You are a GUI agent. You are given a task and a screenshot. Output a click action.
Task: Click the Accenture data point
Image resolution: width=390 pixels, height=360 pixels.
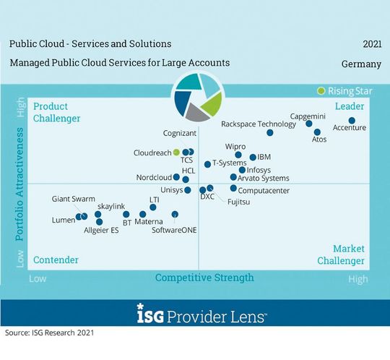pyautogui.click(x=352, y=120)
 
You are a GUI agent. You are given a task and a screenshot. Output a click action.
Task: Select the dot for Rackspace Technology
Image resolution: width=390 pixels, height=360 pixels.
pyautogui.click(x=270, y=133)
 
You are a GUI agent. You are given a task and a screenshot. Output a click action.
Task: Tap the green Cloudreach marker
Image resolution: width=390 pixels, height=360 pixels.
pyautogui.click(x=176, y=153)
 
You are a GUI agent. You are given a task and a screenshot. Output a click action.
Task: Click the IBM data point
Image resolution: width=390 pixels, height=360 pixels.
pyautogui.click(x=253, y=157)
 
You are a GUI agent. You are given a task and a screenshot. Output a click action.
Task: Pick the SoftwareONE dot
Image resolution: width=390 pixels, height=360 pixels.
pyautogui.click(x=175, y=215)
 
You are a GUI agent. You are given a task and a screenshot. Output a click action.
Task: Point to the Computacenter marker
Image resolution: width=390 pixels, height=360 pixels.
pyautogui.click(x=233, y=189)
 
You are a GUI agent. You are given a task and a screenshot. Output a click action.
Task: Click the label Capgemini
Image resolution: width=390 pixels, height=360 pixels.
pyautogui.click(x=312, y=116)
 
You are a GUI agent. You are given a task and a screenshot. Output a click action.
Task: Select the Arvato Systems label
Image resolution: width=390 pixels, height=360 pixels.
pyautogui.click(x=264, y=178)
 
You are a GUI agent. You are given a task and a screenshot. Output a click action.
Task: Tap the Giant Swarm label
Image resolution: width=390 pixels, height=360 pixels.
pyautogui.click(x=73, y=199)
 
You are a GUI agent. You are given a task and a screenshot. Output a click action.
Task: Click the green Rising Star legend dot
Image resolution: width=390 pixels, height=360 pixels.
pyautogui.click(x=321, y=91)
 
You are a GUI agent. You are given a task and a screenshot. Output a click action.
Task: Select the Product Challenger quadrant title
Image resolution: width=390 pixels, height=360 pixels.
pyautogui.click(x=57, y=113)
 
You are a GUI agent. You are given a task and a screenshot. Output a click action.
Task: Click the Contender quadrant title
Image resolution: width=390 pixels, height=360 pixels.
pyautogui.click(x=56, y=260)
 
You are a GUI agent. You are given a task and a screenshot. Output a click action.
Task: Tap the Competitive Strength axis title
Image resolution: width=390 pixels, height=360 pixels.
pyautogui.click(x=204, y=278)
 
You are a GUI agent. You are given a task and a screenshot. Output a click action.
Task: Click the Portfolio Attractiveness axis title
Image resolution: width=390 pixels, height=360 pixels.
pyautogui.click(x=21, y=185)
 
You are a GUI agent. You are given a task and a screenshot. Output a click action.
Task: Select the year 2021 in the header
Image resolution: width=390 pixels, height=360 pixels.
pyautogui.click(x=370, y=44)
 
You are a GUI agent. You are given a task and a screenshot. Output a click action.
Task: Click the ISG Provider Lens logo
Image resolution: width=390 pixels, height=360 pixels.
pyautogui.click(x=194, y=316)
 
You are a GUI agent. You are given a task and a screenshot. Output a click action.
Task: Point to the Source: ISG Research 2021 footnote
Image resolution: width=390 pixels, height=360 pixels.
pyautogui.click(x=49, y=333)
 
